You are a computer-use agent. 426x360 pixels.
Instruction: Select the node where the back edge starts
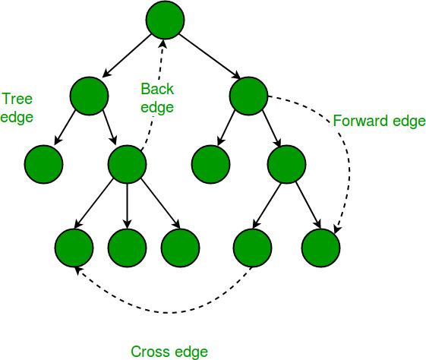click(x=127, y=163)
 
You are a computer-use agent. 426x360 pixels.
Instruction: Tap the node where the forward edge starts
click(x=248, y=94)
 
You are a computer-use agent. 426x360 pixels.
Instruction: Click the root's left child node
click(x=89, y=94)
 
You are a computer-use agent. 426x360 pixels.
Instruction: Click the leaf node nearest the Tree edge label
click(x=43, y=163)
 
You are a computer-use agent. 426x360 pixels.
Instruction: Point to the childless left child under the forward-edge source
click(x=210, y=163)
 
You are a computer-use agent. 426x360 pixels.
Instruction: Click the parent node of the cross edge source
click(x=286, y=163)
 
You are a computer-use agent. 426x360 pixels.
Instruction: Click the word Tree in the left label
click(x=16, y=99)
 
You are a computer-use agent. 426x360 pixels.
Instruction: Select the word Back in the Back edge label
click(x=157, y=90)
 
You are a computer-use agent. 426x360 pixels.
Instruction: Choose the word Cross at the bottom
click(x=149, y=351)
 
